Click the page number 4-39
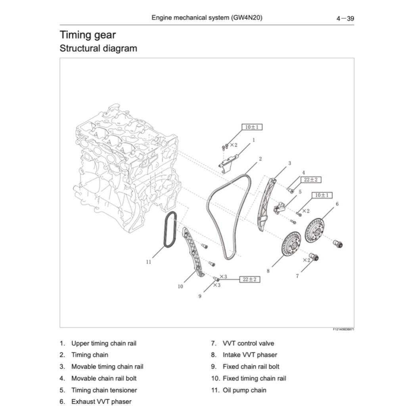click(x=345, y=18)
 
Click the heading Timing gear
click(x=88, y=35)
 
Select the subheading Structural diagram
click(x=98, y=48)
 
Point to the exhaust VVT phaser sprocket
click(x=314, y=231)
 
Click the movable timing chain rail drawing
click(x=265, y=204)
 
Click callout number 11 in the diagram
click(x=149, y=262)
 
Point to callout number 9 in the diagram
click(x=200, y=296)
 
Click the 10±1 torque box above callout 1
click(x=252, y=127)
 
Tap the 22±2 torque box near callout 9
click(x=249, y=280)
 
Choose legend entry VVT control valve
click(x=248, y=343)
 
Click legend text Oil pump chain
click(x=244, y=390)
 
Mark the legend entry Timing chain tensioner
click(x=104, y=390)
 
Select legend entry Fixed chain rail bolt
click(x=251, y=367)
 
